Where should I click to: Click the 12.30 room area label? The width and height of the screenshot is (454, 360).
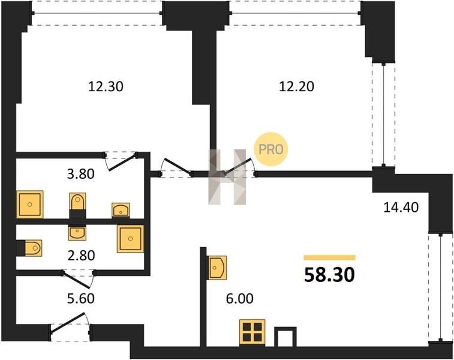(106, 86)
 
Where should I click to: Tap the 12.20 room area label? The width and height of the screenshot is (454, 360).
(296, 86)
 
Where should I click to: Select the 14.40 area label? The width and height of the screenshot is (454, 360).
(401, 208)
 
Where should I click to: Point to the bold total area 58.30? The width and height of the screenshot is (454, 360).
(329, 275)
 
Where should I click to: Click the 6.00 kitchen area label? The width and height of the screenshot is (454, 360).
(240, 299)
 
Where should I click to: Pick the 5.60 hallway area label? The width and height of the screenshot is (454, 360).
(81, 299)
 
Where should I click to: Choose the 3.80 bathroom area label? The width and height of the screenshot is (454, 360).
(81, 175)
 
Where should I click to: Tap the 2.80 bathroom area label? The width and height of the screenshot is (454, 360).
(81, 256)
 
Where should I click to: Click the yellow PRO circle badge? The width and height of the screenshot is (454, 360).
(270, 149)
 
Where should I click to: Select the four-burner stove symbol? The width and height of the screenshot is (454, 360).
(252, 332)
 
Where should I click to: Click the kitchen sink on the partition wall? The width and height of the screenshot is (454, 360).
(217, 268)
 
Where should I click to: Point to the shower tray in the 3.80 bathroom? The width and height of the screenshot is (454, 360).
(30, 204)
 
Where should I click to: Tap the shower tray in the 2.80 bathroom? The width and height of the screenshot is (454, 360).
(131, 239)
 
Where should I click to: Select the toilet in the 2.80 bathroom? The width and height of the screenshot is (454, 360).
(33, 248)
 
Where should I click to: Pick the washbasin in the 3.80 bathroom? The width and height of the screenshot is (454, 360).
(121, 210)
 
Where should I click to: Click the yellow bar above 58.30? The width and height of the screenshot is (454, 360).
(329, 258)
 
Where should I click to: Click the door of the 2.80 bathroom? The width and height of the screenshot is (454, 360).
(78, 277)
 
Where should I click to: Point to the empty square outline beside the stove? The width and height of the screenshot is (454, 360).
(285, 337)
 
